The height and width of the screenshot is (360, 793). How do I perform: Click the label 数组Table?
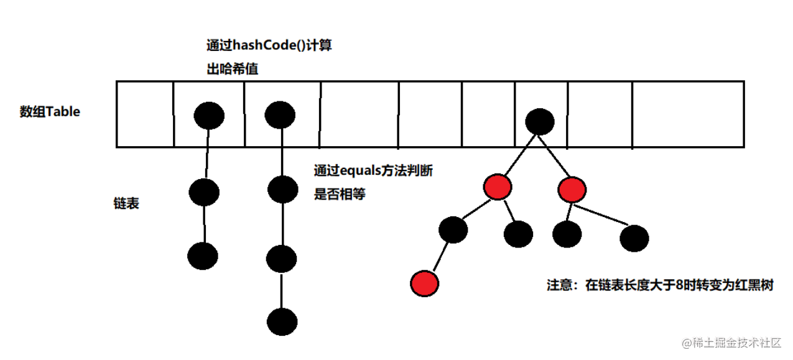tap(50, 113)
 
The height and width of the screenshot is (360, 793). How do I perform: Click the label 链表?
tap(126, 203)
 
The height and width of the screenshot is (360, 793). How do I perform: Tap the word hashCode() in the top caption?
tap(268, 45)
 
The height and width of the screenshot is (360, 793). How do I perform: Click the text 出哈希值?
tap(232, 70)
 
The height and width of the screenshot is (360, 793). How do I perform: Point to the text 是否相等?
tap(340, 194)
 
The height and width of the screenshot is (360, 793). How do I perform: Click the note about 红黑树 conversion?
tap(660, 286)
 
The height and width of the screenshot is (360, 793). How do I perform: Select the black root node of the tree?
tap(539, 121)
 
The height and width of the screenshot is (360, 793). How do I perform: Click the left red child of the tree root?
tap(497, 187)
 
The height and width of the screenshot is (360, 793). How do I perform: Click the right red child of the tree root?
tap(572, 190)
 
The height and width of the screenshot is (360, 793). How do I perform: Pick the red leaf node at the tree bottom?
tap(425, 283)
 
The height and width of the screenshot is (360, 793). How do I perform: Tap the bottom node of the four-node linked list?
tap(282, 322)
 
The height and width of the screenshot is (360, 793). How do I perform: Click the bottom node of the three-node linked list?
tap(203, 256)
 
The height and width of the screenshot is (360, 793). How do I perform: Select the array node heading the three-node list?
tap(209, 115)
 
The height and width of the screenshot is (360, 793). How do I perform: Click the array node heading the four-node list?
tap(279, 114)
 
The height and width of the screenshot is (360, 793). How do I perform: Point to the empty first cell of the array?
tap(144, 114)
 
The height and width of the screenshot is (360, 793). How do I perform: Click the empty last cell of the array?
tap(687, 114)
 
